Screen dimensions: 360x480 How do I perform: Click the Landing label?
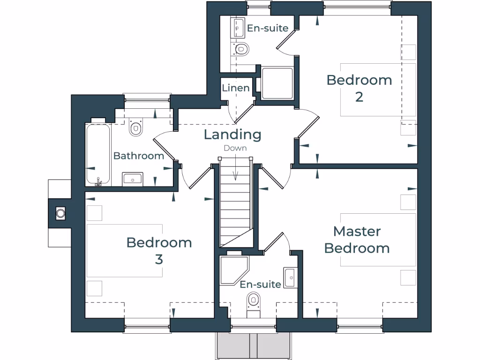pyautogui.click(x=232, y=135)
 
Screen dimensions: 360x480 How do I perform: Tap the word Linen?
pyautogui.click(x=236, y=88)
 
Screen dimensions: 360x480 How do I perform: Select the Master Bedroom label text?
pyautogui.click(x=357, y=240)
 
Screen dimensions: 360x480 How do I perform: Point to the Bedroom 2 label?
pyautogui.click(x=359, y=88)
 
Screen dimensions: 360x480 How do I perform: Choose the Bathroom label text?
pyautogui.click(x=139, y=156)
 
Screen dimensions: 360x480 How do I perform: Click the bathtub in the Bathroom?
pyautogui.click(x=98, y=154)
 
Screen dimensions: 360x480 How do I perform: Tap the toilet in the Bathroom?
pyautogui.click(x=136, y=127)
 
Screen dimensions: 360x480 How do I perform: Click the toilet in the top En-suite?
pyautogui.click(x=241, y=48)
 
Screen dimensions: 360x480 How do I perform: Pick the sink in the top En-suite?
pyautogui.click(x=238, y=28)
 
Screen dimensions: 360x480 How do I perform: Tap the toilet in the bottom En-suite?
pyautogui.click(x=254, y=300)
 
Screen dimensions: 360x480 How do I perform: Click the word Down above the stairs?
pyautogui.click(x=235, y=148)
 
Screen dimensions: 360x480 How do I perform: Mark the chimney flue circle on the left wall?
pyautogui.click(x=60, y=213)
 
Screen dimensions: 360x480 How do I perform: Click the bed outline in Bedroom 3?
pyautogui.click(x=124, y=251)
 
